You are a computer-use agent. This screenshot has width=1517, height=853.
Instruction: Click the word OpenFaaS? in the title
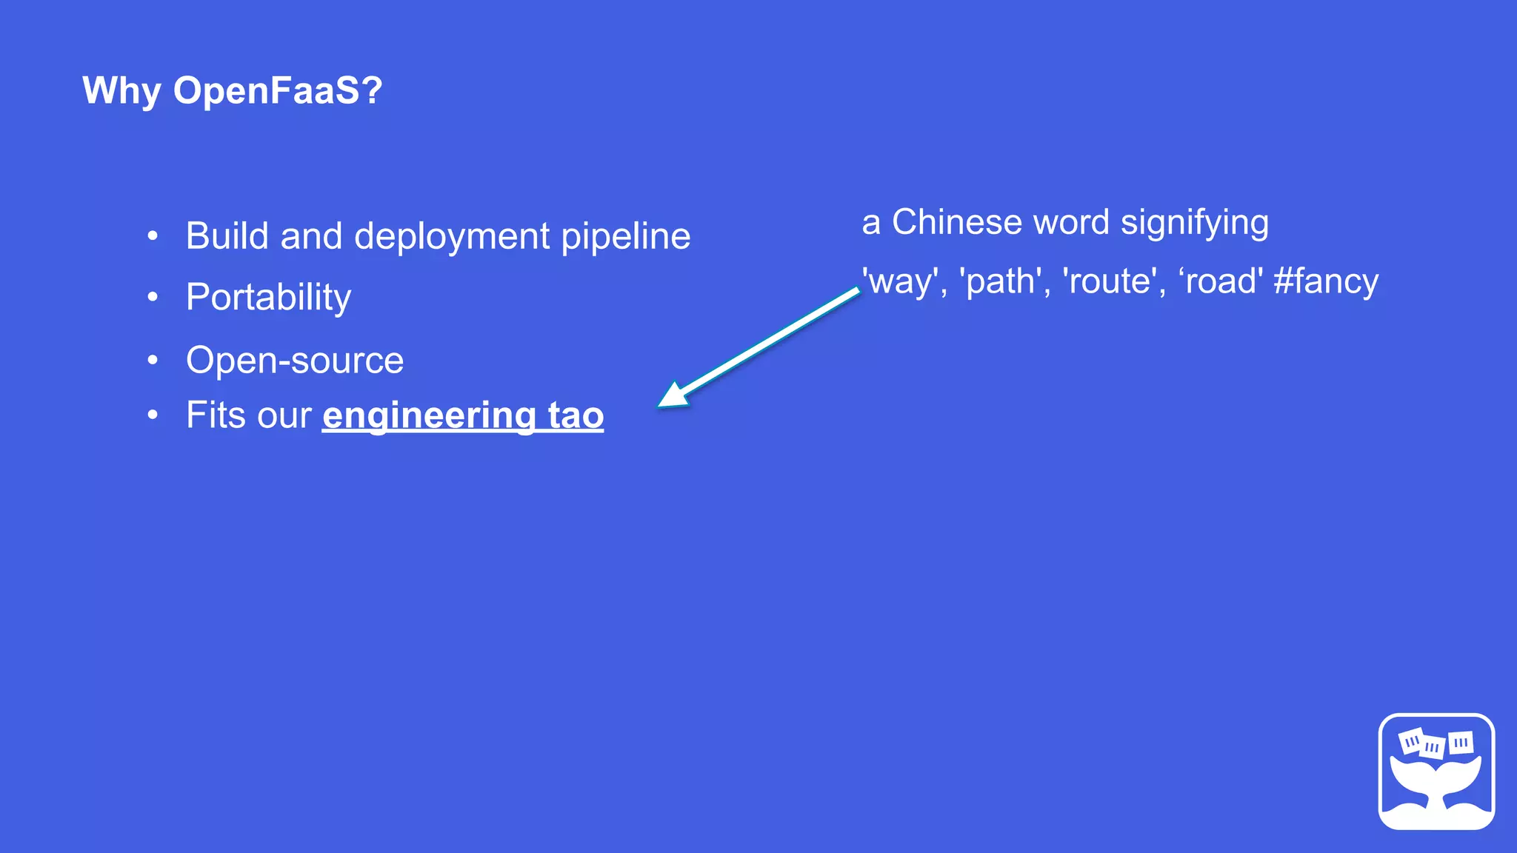tap(278, 91)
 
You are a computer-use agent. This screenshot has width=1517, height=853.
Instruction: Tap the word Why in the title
tap(121, 91)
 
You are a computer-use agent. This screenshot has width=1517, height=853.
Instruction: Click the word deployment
tap(452, 237)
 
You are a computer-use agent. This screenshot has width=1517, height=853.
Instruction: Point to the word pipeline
tap(626, 237)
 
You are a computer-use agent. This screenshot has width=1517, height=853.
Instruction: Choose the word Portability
tap(268, 298)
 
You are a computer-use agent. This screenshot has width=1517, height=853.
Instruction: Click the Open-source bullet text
tap(295, 361)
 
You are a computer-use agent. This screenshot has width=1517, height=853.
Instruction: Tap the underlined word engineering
tap(429, 415)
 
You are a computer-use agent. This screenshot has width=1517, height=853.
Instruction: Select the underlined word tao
tap(576, 415)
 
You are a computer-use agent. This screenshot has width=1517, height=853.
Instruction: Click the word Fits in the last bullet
tap(212, 415)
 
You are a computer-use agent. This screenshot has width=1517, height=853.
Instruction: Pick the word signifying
tap(1194, 224)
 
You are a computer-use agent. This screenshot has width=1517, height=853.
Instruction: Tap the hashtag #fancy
tap(1326, 282)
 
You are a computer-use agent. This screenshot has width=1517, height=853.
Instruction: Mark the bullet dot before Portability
tap(153, 297)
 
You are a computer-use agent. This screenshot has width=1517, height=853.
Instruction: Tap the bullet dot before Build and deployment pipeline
tap(153, 236)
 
